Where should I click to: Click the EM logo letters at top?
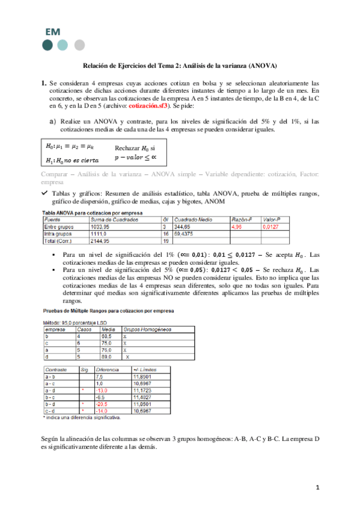(52, 32)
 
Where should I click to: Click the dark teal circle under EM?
(47, 45)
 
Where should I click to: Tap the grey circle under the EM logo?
(79, 45)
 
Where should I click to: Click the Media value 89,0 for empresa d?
(107, 356)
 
